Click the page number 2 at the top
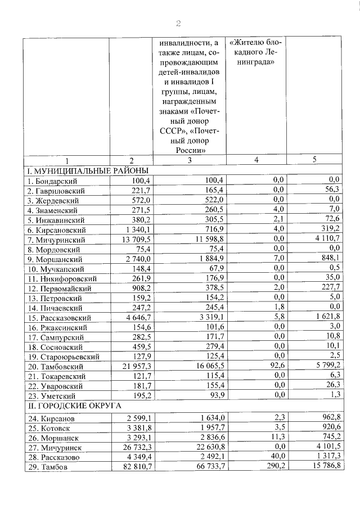179,23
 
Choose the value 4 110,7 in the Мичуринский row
327,239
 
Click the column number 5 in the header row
314,160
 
